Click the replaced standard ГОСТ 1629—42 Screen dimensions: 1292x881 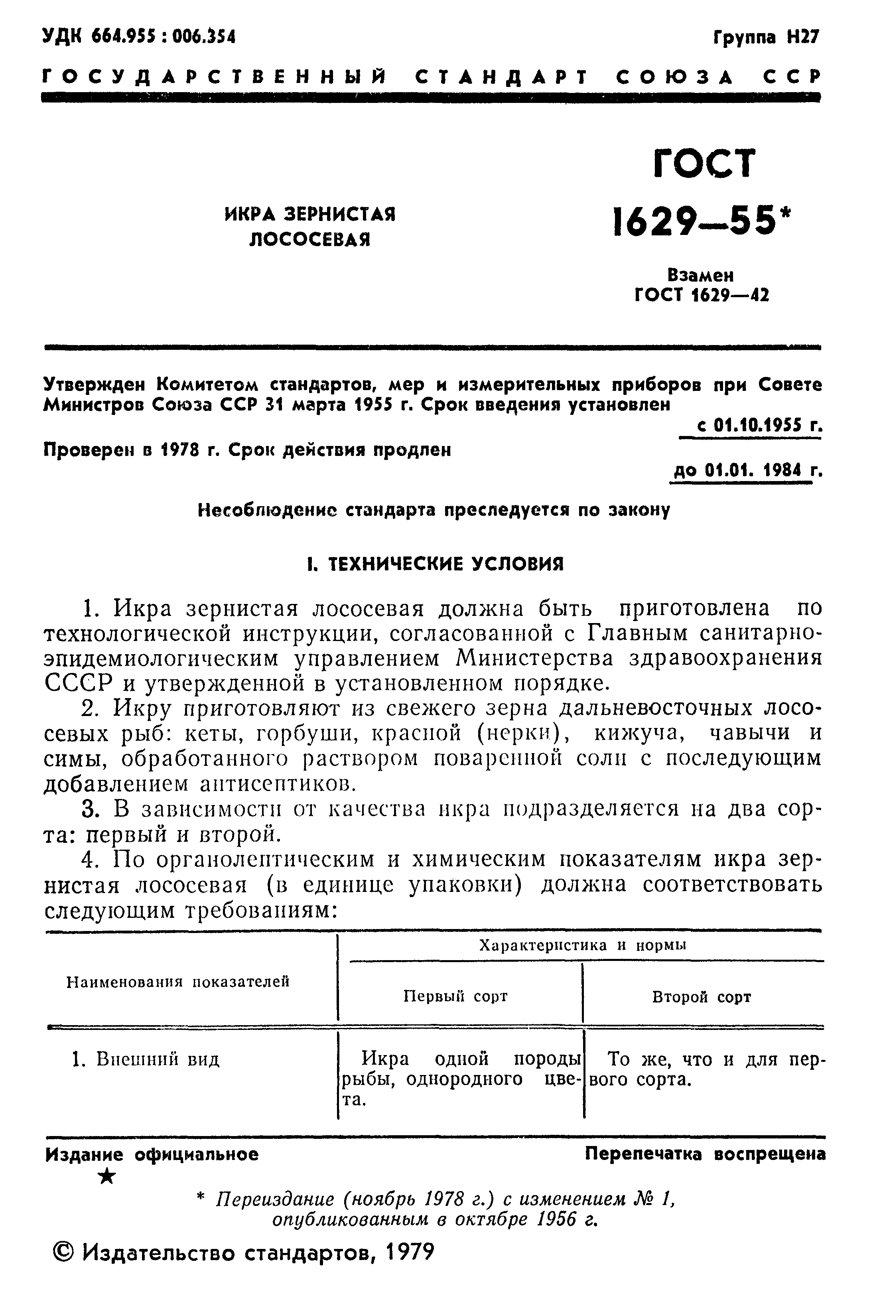702,295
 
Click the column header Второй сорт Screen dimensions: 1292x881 702,997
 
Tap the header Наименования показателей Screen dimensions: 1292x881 178,982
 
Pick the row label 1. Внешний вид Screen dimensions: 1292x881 146,1059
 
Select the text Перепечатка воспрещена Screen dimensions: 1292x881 705,1154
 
